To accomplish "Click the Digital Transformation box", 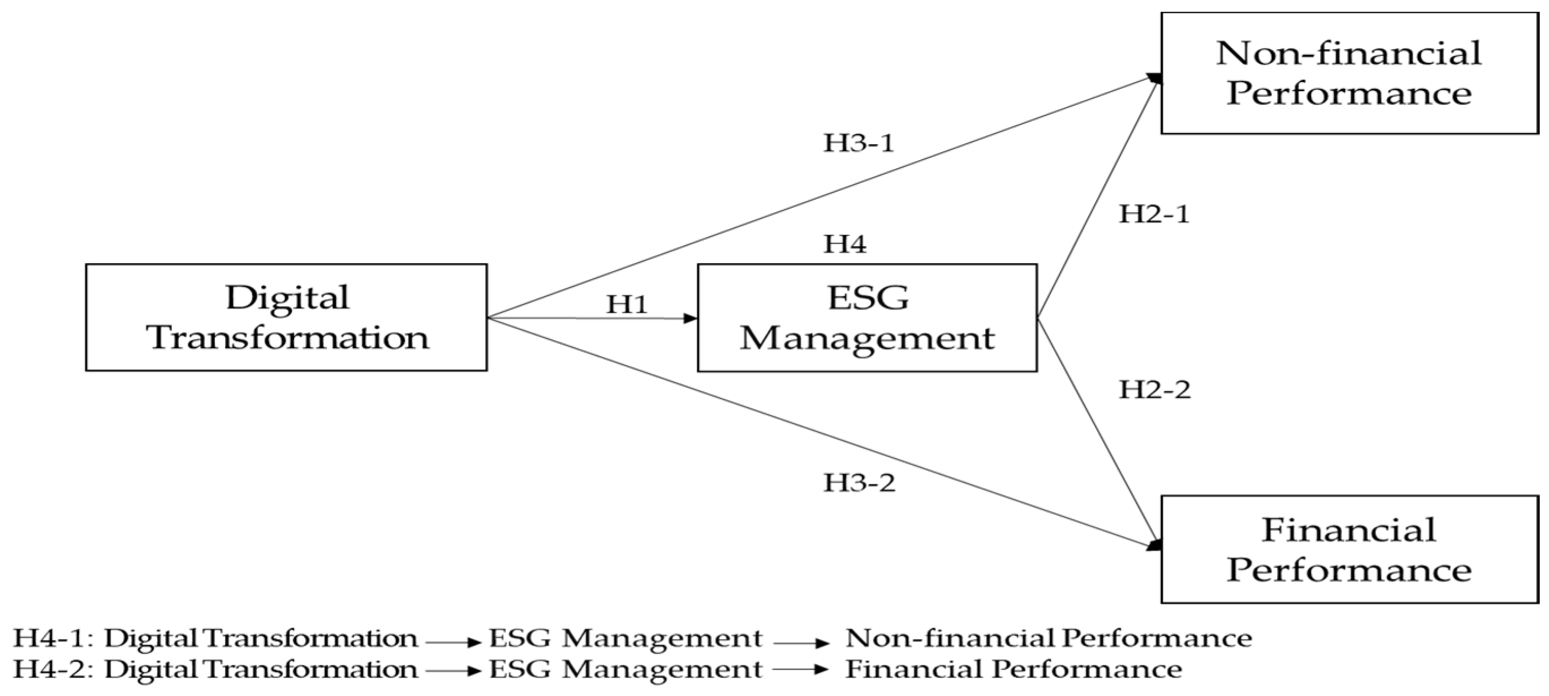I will click(286, 317).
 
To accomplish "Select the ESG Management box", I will click(867, 317).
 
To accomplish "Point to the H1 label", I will click(627, 304).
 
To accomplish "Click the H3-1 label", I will click(858, 143).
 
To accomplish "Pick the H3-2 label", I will click(859, 483).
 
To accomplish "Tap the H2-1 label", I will click(1154, 214).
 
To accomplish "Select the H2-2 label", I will click(1154, 390).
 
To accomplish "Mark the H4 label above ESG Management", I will click(845, 244).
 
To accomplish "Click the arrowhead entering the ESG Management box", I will click(691, 318).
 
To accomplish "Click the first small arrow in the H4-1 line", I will click(454, 642).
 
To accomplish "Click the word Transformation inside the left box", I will click(287, 337).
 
